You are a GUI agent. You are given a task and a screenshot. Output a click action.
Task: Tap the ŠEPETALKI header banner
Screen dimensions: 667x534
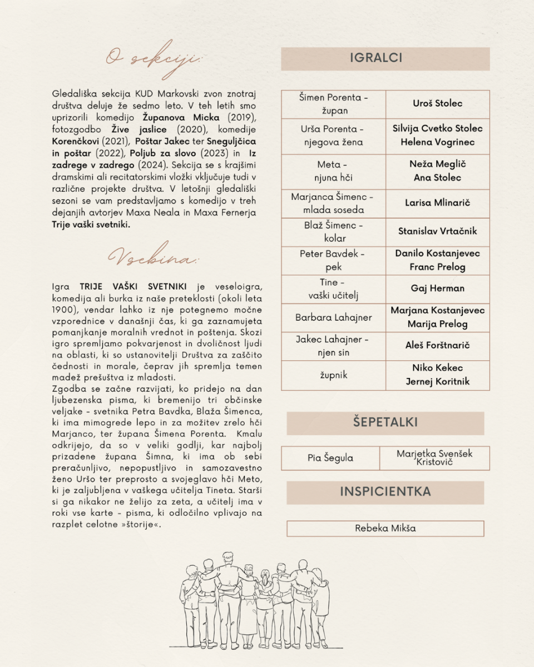[x=385, y=422]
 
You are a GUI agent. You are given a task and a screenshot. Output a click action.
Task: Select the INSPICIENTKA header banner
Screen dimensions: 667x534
[x=385, y=492]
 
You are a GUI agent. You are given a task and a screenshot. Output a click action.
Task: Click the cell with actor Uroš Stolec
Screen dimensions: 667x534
[x=437, y=103]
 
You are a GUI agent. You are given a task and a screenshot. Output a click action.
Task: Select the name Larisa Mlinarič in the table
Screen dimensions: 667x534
[x=437, y=203]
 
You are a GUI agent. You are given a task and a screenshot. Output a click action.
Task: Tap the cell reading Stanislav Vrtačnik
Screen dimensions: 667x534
[x=437, y=231]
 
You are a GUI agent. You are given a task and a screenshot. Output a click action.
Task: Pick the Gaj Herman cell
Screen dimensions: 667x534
[x=437, y=288]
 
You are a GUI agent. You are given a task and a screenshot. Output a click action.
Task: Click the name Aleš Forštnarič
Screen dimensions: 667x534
[x=437, y=346]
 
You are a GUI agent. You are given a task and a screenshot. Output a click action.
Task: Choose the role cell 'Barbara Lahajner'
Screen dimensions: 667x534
[x=334, y=318]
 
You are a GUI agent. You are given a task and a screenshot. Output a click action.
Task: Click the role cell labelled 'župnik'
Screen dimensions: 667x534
[x=334, y=375]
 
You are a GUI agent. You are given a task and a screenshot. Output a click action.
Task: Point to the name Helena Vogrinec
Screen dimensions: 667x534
[x=437, y=142]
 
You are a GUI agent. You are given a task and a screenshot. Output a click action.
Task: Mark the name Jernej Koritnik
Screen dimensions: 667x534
[x=437, y=381]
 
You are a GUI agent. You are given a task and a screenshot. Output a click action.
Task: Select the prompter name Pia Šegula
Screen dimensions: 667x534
[x=330, y=459]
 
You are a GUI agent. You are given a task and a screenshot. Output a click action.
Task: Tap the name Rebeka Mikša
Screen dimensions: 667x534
[x=385, y=528]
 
